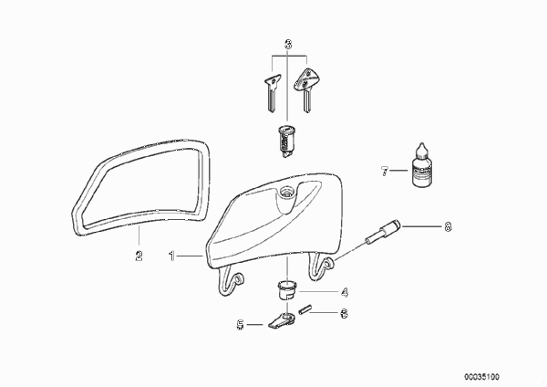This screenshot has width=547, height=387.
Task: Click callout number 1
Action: click(171, 256)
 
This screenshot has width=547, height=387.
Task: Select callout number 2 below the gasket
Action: click(139, 256)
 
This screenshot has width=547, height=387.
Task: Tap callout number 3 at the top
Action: click(288, 45)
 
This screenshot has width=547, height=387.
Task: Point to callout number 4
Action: click(345, 292)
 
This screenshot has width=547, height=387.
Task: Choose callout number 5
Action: click(241, 325)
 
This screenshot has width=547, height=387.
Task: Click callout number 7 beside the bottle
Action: click(385, 172)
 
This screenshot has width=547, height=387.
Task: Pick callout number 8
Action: click(448, 227)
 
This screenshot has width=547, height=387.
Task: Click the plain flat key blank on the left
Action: click(271, 93)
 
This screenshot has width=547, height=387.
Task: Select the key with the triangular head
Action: click(304, 89)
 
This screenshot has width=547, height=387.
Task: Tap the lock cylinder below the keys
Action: click(286, 141)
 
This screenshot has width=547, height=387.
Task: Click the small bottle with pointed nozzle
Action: click(421, 165)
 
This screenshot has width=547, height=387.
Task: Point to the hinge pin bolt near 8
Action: click(382, 232)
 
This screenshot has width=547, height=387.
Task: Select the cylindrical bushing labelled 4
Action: click(287, 289)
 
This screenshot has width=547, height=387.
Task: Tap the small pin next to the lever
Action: click(304, 309)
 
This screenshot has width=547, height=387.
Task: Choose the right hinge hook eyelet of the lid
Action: click(329, 264)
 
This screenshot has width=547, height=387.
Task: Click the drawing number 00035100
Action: click(481, 377)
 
